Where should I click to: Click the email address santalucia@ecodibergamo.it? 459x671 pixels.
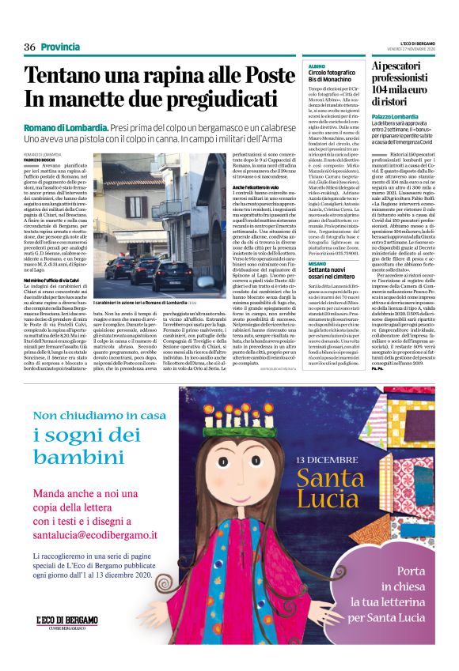pos(95,534)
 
